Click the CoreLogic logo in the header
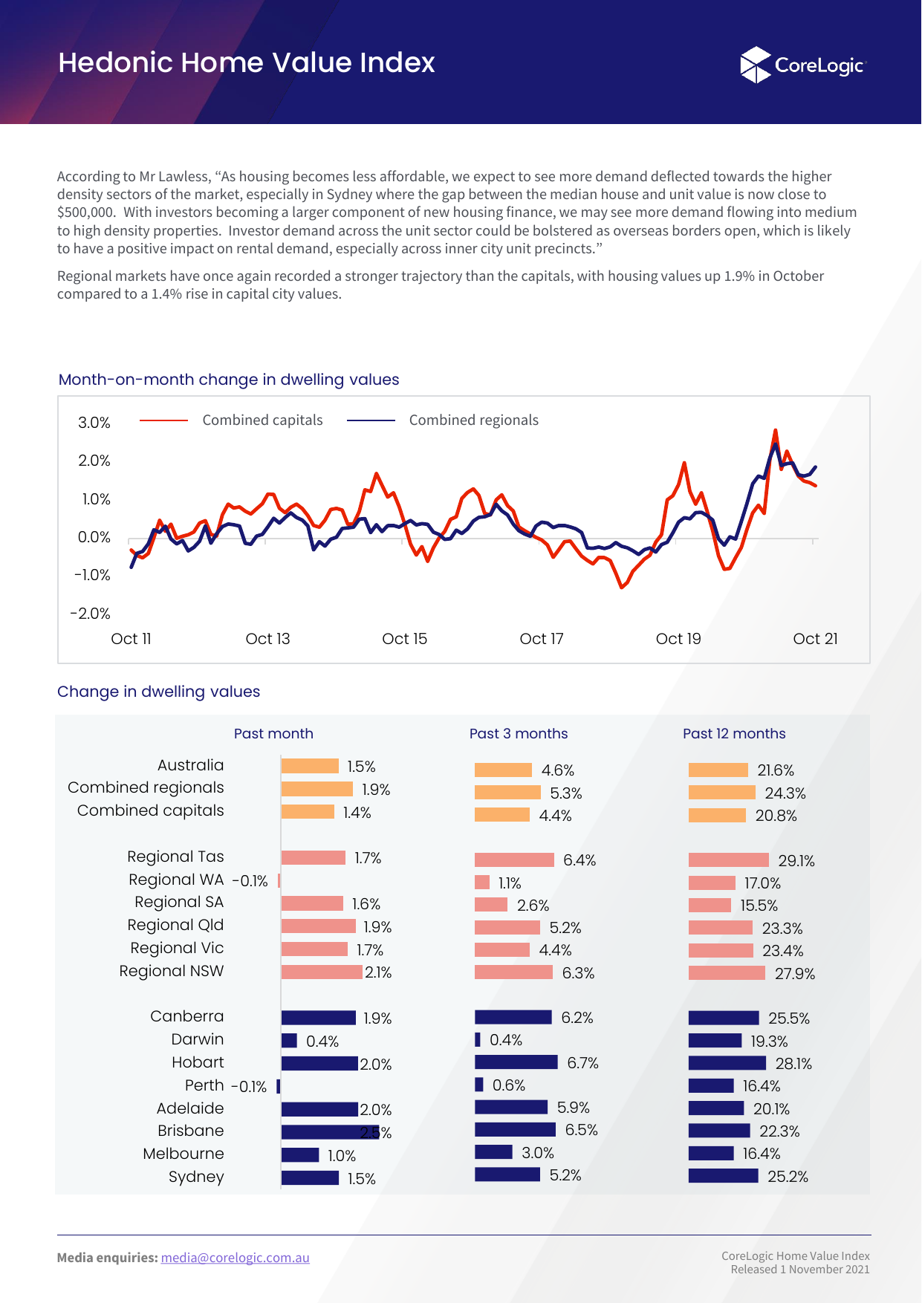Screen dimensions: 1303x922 (x=803, y=65)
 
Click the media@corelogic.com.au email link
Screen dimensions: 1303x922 (x=235, y=1258)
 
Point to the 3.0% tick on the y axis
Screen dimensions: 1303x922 (x=94, y=423)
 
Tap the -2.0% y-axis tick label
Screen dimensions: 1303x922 (x=90, y=614)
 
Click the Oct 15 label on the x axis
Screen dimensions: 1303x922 (x=404, y=639)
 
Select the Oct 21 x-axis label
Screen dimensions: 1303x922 (x=815, y=639)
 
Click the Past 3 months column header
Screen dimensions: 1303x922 (x=519, y=734)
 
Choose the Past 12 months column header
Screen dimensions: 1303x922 (x=734, y=734)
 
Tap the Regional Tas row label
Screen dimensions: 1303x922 (x=175, y=857)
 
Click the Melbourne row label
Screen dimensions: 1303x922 (x=184, y=1154)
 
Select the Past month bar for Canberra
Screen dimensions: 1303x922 (x=319, y=1018)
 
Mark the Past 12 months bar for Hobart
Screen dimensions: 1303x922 (x=727, y=1063)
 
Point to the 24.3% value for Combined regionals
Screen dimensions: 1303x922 (x=785, y=793)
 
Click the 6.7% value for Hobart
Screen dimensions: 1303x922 (x=582, y=1063)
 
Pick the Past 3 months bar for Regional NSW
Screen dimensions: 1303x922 (x=513, y=972)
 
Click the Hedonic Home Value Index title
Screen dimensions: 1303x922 (x=247, y=63)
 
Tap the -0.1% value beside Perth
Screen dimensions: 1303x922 (x=249, y=1087)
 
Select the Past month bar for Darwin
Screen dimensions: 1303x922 (x=289, y=1041)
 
